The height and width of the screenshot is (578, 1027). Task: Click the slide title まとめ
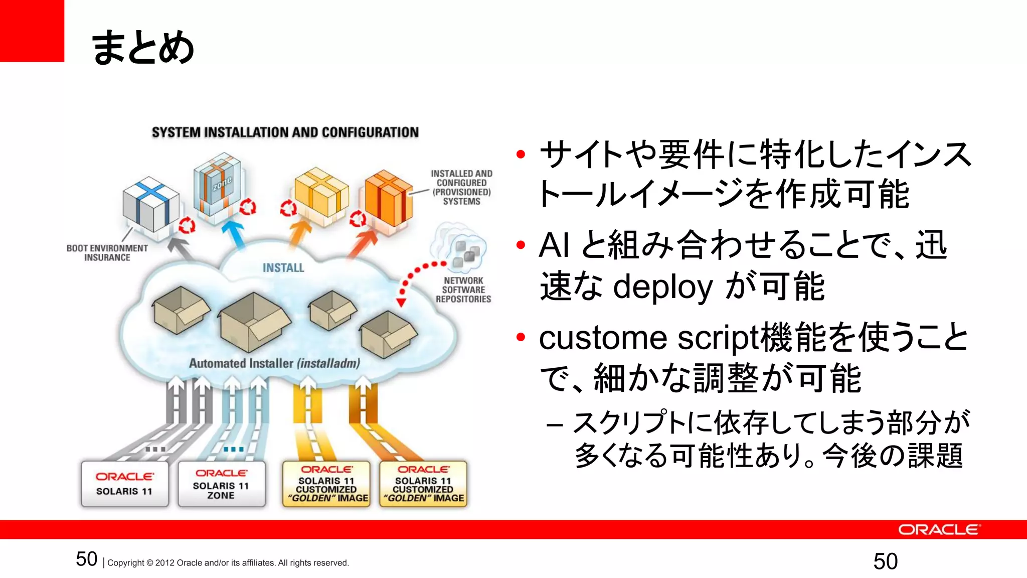143,47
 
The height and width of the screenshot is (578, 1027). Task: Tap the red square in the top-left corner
32,30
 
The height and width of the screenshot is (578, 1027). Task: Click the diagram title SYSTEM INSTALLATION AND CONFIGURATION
285,132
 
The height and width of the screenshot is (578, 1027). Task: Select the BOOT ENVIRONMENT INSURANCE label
107,253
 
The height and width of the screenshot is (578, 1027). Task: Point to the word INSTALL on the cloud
283,268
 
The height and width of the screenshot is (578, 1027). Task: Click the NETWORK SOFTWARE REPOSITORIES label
463,290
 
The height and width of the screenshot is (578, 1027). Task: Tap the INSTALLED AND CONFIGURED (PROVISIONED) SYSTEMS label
461,187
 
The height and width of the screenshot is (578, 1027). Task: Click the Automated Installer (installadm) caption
274,363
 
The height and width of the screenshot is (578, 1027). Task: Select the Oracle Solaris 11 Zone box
221,484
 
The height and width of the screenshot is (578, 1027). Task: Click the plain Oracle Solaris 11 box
124,484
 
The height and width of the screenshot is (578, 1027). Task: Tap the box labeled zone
218,185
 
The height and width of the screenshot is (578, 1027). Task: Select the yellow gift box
321,192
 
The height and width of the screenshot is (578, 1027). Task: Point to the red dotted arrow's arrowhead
401,303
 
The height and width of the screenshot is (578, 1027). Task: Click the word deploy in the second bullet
662,287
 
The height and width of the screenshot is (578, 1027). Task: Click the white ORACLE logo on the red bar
938,530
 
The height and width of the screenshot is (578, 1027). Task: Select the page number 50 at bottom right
885,561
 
